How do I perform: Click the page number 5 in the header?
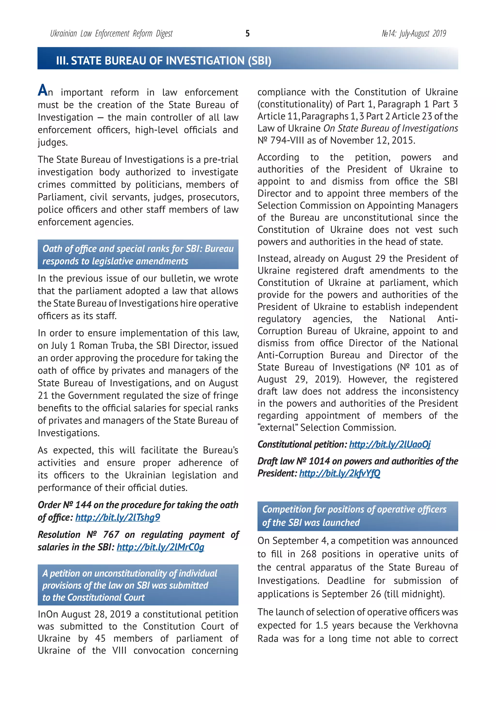coord(247,33)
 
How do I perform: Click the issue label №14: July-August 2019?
coord(414,33)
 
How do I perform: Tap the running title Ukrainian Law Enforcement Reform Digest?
coord(111,33)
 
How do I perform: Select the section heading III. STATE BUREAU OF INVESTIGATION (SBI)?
coord(163,61)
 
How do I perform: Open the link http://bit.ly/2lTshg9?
coord(118,517)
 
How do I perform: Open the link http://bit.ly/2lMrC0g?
coord(160,547)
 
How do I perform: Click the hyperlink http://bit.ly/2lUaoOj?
coord(390,444)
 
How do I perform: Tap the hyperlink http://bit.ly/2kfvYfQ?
coord(340,473)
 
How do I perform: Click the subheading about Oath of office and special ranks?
coord(138,255)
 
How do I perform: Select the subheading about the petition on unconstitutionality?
coord(130,585)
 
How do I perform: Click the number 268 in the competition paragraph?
coord(308,554)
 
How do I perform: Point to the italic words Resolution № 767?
coord(78,534)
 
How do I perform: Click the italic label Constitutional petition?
coord(302,444)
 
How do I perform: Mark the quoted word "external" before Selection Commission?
coord(278,427)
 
